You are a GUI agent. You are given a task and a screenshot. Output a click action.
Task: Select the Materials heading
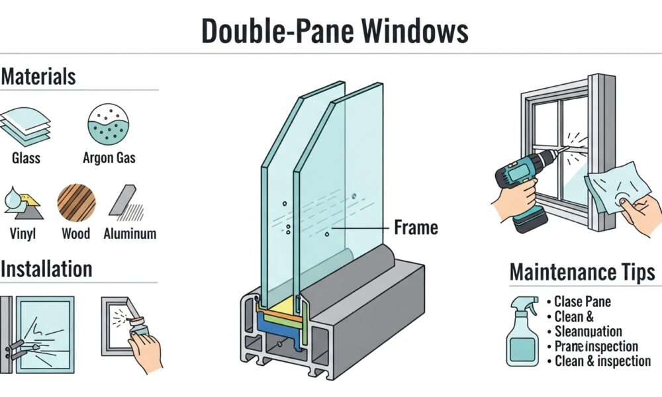38,77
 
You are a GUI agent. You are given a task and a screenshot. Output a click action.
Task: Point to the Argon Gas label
109,158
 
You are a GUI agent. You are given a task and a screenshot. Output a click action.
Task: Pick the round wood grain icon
76,202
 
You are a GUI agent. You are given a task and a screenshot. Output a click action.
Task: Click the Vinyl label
23,234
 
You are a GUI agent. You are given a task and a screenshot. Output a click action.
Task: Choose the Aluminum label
130,234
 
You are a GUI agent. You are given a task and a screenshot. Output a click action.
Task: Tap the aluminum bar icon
126,202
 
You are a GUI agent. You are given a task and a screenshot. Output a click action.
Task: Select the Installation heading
46,269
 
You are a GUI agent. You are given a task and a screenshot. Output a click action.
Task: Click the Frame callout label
416,228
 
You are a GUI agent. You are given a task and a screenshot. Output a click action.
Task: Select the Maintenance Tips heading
583,272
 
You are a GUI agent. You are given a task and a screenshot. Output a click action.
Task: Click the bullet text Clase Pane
583,302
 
